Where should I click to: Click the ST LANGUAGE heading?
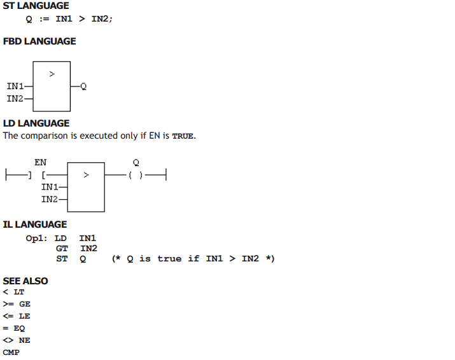[36, 6]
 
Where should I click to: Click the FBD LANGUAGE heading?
[39, 41]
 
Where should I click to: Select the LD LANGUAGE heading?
[36, 123]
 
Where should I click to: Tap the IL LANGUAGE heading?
[35, 225]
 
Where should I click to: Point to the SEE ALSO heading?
[25, 281]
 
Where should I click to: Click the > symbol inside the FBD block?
[52, 74]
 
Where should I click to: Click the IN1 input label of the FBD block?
[15, 86]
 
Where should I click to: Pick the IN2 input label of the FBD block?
[15, 99]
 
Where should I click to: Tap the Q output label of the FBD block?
[83, 87]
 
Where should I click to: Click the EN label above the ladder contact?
[40, 162]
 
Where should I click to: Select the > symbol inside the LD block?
[86, 175]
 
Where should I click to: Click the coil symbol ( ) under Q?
[136, 175]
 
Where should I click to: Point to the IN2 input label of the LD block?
[50, 199]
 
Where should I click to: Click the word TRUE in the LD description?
[183, 136]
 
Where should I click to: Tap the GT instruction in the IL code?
[62, 249]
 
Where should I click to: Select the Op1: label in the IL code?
[36, 239]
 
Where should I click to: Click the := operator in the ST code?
[45, 19]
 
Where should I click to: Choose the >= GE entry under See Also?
[17, 304]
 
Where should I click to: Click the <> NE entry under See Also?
[17, 340]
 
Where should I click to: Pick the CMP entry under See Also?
[11, 352]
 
